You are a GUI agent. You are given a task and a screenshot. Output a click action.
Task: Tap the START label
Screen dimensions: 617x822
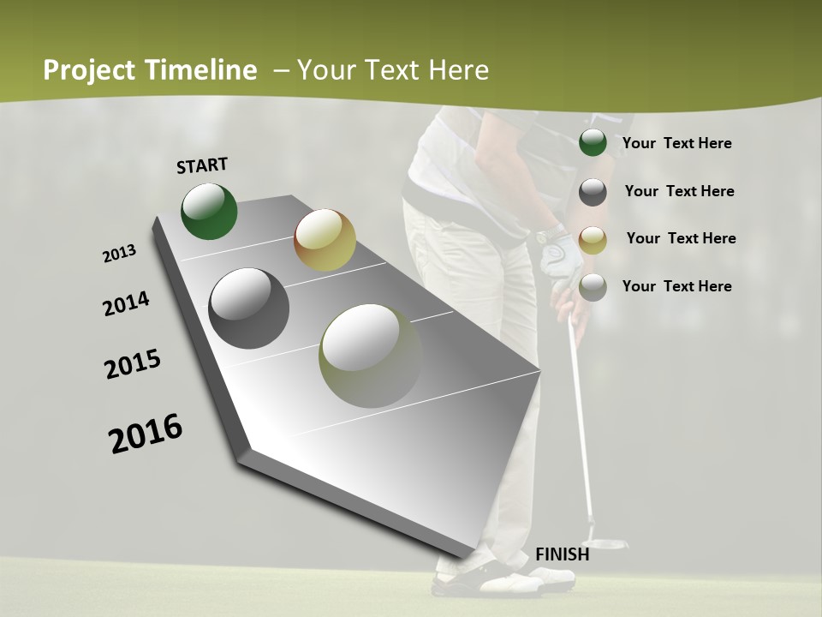click(202, 165)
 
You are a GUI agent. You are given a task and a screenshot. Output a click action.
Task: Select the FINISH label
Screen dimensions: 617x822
click(563, 554)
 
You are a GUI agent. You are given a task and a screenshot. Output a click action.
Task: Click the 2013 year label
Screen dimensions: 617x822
click(119, 254)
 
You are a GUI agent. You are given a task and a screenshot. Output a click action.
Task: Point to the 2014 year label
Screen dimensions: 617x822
click(126, 303)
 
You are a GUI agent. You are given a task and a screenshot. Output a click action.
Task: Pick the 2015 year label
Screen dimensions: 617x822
click(133, 364)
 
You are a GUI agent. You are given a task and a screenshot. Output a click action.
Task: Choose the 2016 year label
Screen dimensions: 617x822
click(146, 434)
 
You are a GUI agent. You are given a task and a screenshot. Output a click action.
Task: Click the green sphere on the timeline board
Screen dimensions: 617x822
click(210, 211)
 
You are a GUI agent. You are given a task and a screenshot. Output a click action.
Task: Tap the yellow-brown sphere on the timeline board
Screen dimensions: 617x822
click(325, 240)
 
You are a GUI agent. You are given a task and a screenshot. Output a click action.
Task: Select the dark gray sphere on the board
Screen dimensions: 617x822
click(249, 308)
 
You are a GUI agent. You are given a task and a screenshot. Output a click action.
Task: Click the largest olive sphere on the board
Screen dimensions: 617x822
click(371, 356)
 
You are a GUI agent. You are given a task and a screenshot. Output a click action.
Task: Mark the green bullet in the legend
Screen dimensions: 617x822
click(593, 143)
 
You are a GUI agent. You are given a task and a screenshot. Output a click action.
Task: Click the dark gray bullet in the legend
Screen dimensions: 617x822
click(593, 192)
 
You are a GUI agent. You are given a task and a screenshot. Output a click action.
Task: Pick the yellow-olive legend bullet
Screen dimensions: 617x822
click(593, 240)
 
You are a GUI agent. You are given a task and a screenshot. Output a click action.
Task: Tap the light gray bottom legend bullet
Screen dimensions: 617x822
click(593, 287)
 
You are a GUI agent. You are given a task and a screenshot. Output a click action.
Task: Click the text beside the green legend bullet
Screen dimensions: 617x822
click(676, 143)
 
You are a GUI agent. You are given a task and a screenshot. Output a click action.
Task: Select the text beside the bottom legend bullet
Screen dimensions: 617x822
click(676, 286)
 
